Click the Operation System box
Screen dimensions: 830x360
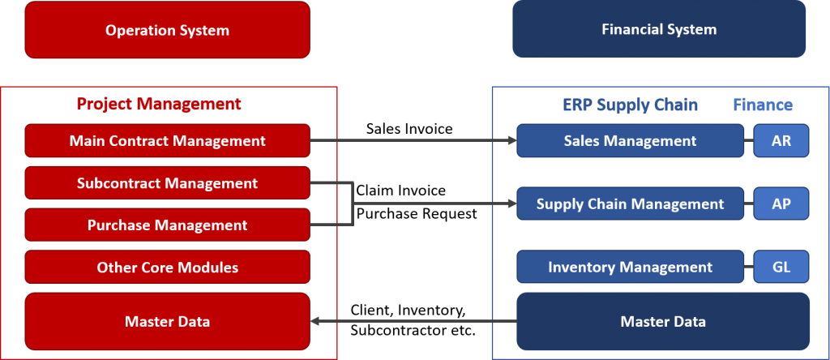pos(167,30)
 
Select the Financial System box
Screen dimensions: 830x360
pos(659,29)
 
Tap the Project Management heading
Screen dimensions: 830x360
pos(159,104)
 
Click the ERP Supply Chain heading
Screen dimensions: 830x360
pos(630,105)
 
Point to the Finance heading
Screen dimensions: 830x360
pos(763,105)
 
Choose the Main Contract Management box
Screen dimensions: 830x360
pos(167,141)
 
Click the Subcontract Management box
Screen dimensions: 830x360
pos(167,183)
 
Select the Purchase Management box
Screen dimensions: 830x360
pos(167,225)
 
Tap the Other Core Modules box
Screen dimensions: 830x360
pos(167,268)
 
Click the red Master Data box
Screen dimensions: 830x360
pos(167,321)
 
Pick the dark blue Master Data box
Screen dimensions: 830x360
pos(663,321)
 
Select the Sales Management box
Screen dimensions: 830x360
pos(630,141)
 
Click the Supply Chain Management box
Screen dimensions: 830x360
pos(630,204)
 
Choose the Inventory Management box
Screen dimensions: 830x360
pos(630,267)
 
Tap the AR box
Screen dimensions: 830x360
pos(781,141)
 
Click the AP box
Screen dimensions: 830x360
pos(781,204)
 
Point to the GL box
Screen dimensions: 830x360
pos(781,267)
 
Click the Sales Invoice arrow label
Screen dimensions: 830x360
pos(409,129)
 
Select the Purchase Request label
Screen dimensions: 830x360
pos(417,214)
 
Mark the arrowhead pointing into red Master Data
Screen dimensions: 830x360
pos(314,321)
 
